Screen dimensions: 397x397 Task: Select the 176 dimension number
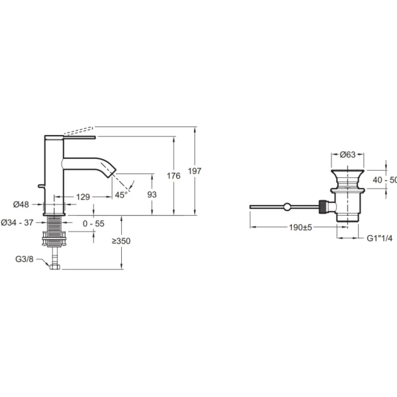173,176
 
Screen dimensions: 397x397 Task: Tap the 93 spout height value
152,194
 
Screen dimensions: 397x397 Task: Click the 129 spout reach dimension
83,197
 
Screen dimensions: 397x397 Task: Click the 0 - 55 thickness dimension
94,224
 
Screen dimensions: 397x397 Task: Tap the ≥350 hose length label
121,242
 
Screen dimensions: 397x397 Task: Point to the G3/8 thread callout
26,259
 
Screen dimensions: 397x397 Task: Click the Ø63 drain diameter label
349,155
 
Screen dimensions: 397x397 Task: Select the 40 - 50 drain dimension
384,180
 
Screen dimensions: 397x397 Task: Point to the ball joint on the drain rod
286,207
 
